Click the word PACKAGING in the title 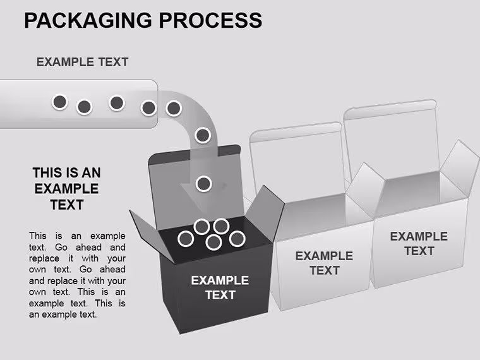pos(88,20)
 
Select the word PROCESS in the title pos(210,20)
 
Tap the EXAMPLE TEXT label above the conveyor pos(82,62)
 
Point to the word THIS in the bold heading pos(47,172)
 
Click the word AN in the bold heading pos(91,172)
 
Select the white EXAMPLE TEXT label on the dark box pos(220,288)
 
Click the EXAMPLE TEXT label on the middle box pos(324,263)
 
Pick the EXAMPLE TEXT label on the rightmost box pos(419,244)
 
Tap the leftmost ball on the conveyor pos(60,102)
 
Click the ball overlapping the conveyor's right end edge pos(149,108)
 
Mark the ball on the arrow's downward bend pos(203,135)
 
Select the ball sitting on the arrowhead pos(203,184)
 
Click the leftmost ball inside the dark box pos(186,239)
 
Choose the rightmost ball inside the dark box pos(237,239)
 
